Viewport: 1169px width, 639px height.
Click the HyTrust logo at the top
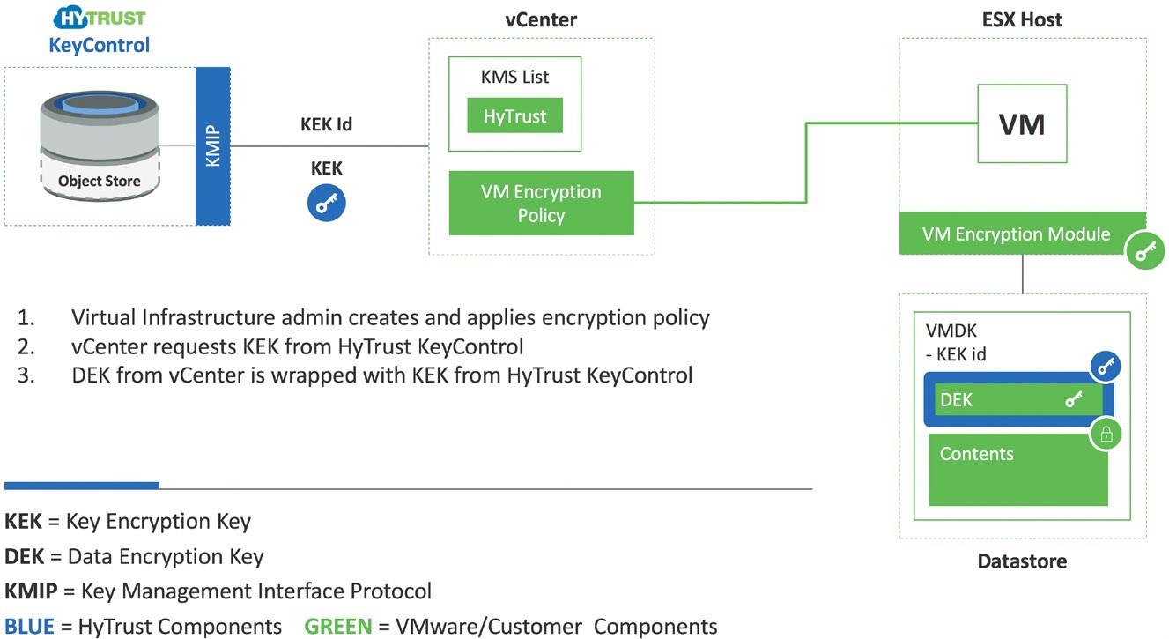100,18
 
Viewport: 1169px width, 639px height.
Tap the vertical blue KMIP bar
213,146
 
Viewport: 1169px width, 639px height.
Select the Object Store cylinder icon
100,147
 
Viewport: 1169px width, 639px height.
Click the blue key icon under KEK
326,203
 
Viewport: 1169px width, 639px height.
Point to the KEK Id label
326,124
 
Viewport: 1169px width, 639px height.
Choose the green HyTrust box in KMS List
514,115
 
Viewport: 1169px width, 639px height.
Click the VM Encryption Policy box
541,203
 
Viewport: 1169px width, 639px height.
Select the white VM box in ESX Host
1022,123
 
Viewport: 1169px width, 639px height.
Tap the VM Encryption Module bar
1016,234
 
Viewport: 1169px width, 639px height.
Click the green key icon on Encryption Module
1145,250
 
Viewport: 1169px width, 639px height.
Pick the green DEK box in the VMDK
1018,400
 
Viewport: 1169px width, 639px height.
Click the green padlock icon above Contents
1106,435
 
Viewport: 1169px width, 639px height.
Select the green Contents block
1018,469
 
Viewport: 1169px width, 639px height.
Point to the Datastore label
1022,561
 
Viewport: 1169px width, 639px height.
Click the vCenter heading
541,20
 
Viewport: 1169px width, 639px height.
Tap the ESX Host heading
1022,20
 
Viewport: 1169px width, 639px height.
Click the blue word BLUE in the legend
29,626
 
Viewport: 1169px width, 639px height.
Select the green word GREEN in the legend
338,626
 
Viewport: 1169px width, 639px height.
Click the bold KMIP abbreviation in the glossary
31,591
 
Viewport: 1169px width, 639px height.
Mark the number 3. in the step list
26,375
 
